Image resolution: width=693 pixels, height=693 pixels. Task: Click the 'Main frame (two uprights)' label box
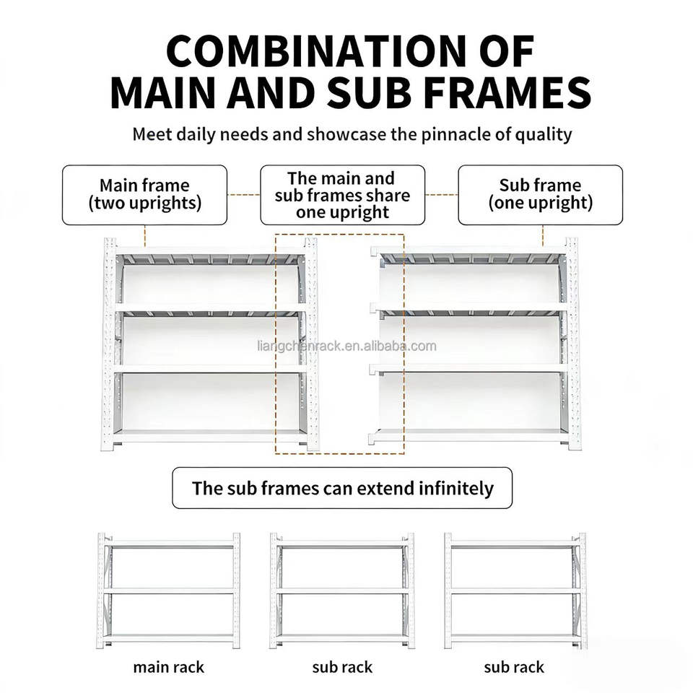(144, 195)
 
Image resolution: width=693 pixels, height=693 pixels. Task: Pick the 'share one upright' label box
(342, 195)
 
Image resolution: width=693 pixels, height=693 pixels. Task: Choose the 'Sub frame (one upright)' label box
(540, 195)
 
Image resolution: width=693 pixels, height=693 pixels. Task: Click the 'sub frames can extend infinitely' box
(342, 488)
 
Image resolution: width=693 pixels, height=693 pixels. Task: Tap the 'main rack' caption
(169, 667)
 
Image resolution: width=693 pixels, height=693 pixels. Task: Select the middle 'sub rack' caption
(342, 667)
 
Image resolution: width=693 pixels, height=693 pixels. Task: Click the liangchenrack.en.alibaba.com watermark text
(346, 346)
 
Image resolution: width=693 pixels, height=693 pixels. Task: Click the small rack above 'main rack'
(169, 590)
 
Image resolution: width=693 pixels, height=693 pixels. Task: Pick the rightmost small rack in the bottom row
(515, 590)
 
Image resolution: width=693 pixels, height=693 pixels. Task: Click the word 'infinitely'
(456, 488)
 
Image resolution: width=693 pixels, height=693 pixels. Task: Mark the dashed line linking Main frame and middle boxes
(243, 194)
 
